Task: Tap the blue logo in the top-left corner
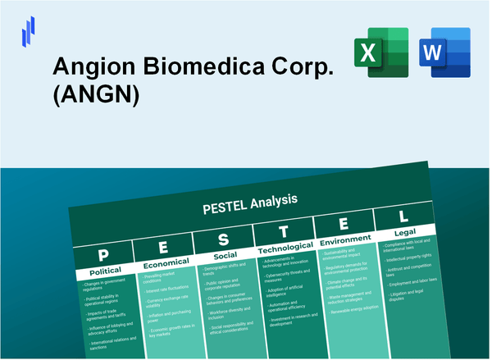(29, 32)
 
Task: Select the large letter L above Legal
(403, 216)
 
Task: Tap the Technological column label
(286, 248)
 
